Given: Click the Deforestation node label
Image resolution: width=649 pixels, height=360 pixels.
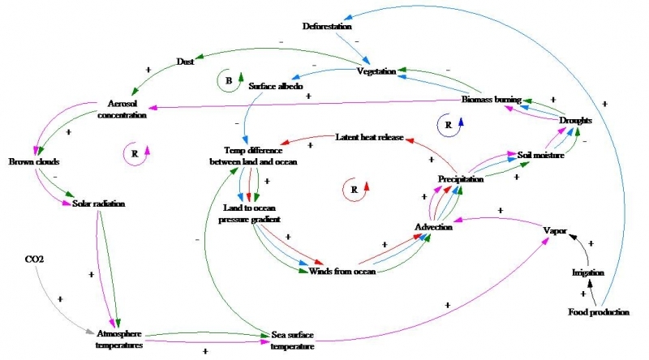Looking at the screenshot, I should click(328, 26).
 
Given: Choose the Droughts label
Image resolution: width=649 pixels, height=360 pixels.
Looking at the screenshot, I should click(576, 120).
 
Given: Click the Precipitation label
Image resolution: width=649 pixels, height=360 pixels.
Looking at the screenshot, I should click(461, 178).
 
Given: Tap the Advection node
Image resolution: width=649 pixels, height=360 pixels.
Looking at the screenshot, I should click(432, 227).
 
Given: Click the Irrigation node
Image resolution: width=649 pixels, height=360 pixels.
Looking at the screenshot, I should click(589, 272).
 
